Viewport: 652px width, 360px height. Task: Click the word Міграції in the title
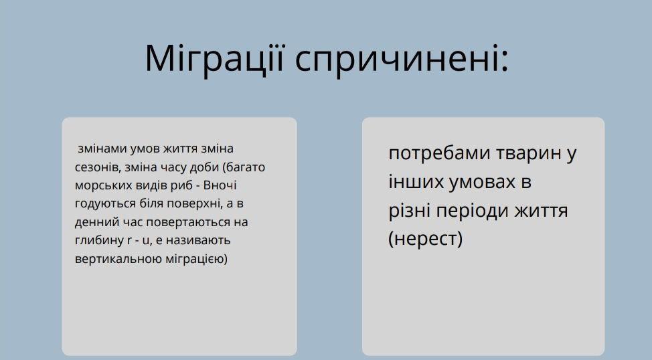(215, 59)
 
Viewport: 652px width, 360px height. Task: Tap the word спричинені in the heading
(402, 59)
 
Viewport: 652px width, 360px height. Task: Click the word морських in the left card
(104, 185)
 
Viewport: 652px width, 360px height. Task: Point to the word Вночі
(220, 185)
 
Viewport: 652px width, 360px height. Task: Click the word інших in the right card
(416, 181)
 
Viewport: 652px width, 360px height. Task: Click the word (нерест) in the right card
(425, 239)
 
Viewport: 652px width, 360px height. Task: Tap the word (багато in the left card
(244, 167)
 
